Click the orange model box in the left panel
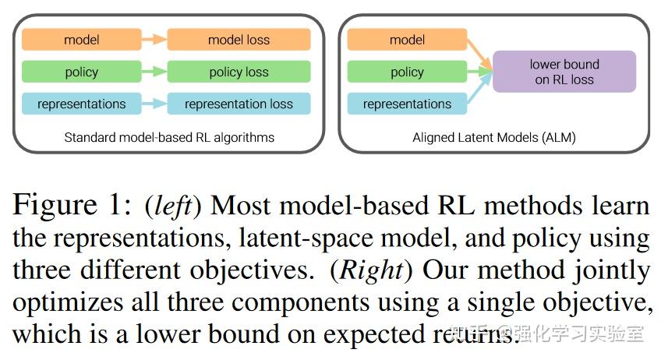coord(81,40)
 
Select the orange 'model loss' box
coord(239,40)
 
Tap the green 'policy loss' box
coord(239,72)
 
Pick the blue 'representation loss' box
coord(239,104)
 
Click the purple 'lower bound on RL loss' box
coord(564,72)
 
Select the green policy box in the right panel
coord(407,72)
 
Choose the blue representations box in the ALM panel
coord(407,104)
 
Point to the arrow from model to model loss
coord(154,40)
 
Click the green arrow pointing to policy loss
coord(154,72)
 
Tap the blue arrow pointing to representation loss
coord(154,104)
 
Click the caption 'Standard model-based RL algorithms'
coord(169,137)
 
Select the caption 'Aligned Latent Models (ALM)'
coord(494,137)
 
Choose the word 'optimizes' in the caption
coord(63,302)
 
